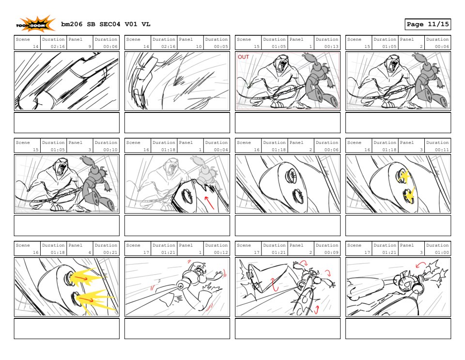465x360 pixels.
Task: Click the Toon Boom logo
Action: [x=35, y=24]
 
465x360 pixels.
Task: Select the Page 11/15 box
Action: [x=428, y=24]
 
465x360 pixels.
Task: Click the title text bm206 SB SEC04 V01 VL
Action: [x=106, y=24]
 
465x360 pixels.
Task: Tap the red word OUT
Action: [x=243, y=57]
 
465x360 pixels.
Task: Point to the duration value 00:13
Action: [x=331, y=47]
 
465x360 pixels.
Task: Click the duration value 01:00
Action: [x=442, y=252]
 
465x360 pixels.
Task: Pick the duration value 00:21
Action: [x=110, y=252]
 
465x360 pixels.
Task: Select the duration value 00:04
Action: [x=221, y=150]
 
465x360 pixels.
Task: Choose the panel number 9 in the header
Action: [x=90, y=47]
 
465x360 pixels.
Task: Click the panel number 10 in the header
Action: [x=199, y=47]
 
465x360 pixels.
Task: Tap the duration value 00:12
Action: [x=221, y=252]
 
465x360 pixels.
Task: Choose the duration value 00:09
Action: [x=331, y=252]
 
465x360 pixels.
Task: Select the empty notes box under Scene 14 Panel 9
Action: [x=67, y=123]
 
